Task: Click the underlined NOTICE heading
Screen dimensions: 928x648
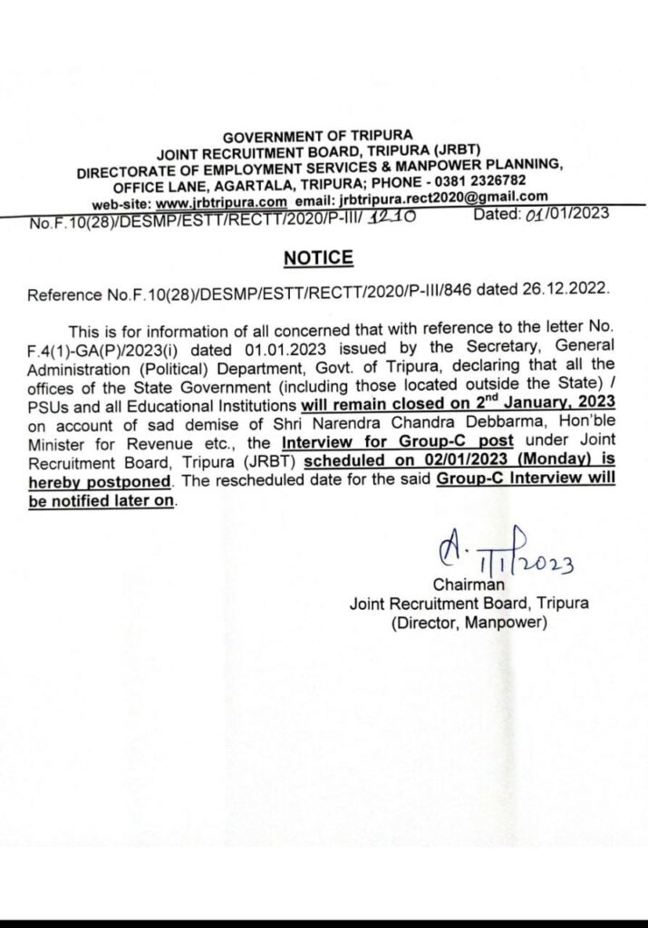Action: [317, 258]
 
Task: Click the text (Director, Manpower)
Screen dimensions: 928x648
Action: [469, 623]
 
